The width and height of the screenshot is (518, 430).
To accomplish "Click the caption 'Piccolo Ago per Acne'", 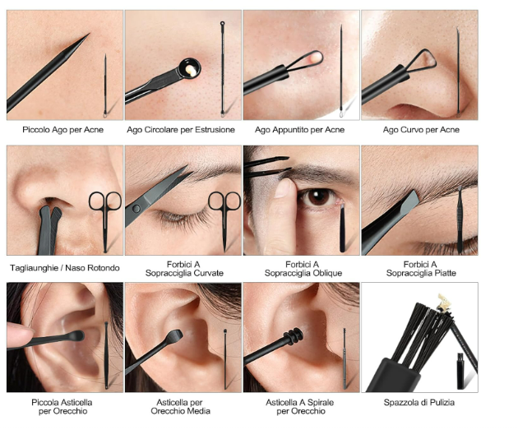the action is pos(62,130).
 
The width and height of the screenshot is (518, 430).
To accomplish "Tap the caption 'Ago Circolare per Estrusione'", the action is pos(181,130).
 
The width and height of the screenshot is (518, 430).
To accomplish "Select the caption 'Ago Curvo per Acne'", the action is pos(421,130).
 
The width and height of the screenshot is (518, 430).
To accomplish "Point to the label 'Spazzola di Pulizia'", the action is pos(419,403).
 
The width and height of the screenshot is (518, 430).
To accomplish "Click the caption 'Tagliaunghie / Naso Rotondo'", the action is pos(65,268).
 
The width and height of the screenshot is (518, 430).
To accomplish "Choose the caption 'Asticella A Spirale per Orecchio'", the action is pos(300,407).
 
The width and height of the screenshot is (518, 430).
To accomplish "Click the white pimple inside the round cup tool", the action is pos(190,69).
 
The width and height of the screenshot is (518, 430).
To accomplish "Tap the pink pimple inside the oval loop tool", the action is pos(316,58).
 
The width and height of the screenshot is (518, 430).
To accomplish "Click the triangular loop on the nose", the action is pos(422,61).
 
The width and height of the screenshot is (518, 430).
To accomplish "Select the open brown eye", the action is pos(318,197).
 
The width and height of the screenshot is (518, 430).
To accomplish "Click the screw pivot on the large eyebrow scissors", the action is pos(136,208).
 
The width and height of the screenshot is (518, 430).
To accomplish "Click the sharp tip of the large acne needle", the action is pos(89,34).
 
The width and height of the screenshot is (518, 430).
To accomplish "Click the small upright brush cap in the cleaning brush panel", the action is pos(460,371).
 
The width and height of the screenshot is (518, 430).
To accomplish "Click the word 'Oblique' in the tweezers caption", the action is pos(326,274).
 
